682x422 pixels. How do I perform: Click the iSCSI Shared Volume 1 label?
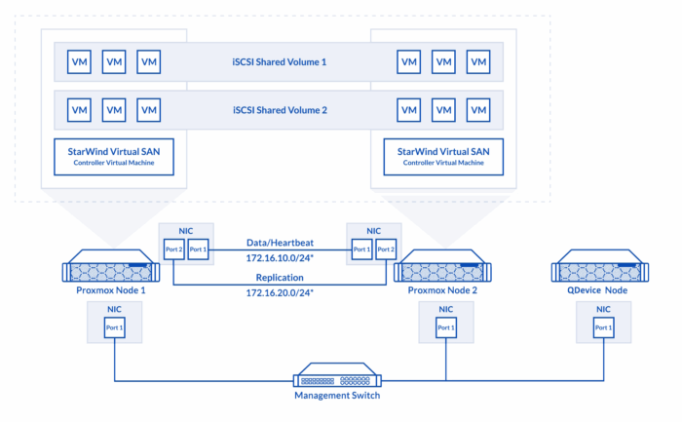[280, 61]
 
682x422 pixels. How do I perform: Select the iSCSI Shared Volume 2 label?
[280, 110]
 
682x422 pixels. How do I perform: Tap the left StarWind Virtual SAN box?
[114, 157]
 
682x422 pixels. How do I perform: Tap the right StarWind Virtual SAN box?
[443, 157]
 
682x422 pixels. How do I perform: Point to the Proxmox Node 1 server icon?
[111, 266]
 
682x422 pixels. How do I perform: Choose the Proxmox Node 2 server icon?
[442, 266]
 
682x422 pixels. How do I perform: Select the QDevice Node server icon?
[600, 266]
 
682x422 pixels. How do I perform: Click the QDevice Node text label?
[597, 290]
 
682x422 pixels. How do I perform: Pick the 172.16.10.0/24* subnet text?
[280, 258]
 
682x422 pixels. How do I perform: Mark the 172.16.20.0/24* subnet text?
[280, 292]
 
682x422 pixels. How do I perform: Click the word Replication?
[280, 278]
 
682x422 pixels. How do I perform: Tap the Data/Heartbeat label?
[280, 243]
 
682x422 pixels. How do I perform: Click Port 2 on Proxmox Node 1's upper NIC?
[174, 249]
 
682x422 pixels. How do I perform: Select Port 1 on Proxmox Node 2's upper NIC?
[361, 249]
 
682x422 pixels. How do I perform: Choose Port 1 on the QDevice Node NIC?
[604, 327]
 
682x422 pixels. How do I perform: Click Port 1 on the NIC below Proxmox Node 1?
[115, 327]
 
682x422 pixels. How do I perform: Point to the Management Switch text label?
[337, 396]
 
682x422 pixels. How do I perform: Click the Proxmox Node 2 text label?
[442, 290]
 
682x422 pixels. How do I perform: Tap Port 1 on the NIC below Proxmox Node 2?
[446, 327]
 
